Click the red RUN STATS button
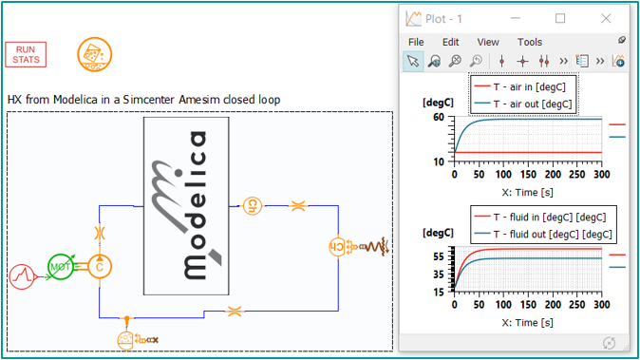tap(26, 54)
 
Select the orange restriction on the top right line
tap(296, 204)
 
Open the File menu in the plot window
tap(416, 42)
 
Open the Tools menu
tap(530, 42)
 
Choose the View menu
tap(488, 42)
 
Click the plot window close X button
tap(607, 17)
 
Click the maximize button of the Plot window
tap(560, 17)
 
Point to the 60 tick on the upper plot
tap(440, 117)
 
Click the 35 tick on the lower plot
tap(440, 274)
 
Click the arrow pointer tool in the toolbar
tap(413, 62)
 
